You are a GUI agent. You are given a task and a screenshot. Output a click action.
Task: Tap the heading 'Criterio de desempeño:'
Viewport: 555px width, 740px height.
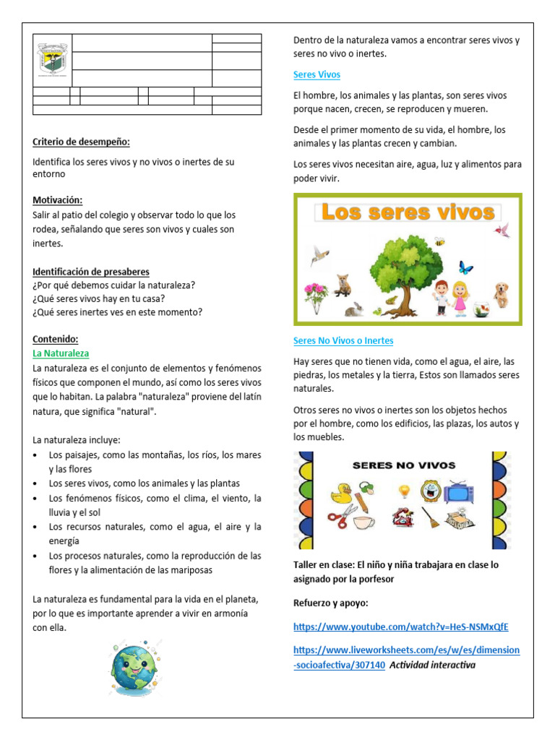[81, 142]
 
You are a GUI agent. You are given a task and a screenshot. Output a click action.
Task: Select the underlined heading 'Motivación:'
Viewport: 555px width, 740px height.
[58, 199]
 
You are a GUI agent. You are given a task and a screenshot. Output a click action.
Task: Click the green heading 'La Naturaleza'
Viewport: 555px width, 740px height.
[61, 353]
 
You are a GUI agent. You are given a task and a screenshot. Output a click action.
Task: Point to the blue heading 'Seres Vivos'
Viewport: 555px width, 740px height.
[317, 74]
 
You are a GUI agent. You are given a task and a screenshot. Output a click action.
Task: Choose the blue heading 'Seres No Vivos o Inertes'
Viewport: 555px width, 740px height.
[343, 340]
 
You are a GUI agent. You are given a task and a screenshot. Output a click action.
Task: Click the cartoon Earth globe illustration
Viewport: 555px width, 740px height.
[134, 670]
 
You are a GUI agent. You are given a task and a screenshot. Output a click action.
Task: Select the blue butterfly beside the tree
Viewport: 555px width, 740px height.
[465, 268]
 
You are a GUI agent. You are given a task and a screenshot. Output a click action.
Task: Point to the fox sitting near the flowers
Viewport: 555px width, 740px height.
[343, 285]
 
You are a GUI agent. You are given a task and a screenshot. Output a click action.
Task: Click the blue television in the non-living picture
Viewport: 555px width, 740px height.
[459, 491]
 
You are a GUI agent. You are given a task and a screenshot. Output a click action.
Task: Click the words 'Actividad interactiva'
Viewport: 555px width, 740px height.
[432, 665]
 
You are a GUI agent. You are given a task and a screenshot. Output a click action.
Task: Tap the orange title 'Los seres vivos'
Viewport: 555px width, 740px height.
[408, 212]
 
